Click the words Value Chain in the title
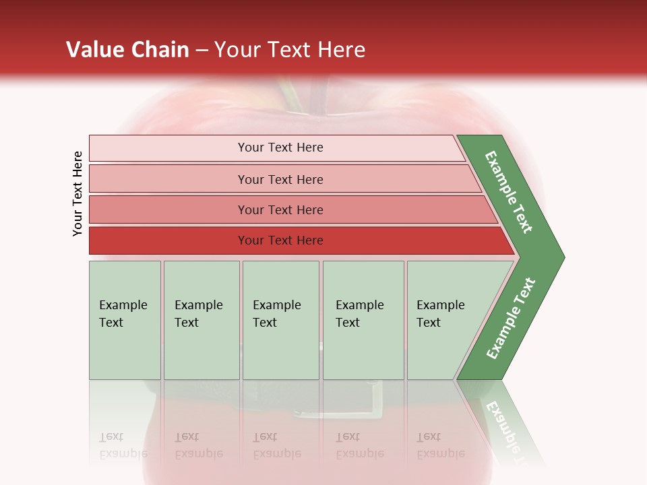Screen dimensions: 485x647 click(127, 50)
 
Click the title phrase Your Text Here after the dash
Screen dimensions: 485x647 click(290, 50)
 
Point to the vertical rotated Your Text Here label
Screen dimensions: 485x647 click(78, 193)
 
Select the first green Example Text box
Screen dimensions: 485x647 click(125, 320)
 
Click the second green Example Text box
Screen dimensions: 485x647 click(202, 320)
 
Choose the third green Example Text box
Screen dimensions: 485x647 click(280, 320)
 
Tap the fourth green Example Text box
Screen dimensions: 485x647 click(363, 320)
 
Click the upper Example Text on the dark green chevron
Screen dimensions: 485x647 click(509, 192)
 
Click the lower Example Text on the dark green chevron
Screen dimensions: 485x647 click(511, 319)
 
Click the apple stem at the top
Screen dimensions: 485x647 click(293, 98)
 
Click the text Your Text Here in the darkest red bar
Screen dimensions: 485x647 click(280, 240)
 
